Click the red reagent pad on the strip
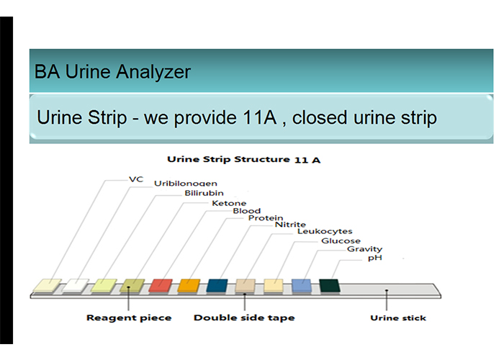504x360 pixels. point(161,286)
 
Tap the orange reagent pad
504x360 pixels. point(189,286)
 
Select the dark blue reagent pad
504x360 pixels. point(217,286)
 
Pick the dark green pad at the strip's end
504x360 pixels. point(330,286)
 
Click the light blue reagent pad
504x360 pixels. point(302,286)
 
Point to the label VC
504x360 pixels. point(136,179)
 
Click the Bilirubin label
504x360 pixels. point(204,193)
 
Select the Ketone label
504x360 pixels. point(229,203)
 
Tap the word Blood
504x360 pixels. point(246,211)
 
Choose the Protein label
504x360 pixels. point(266,218)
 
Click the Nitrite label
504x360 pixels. point(290,225)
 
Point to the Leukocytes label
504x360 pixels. point(325,231)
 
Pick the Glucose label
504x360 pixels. point(341,240)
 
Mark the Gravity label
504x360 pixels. point(364,249)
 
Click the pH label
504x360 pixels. point(375,258)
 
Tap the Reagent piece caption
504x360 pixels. point(129,318)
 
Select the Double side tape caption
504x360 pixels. point(244,318)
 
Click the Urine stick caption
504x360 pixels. point(398,318)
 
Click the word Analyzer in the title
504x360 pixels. point(153,72)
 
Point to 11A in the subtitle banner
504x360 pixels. point(260,117)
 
